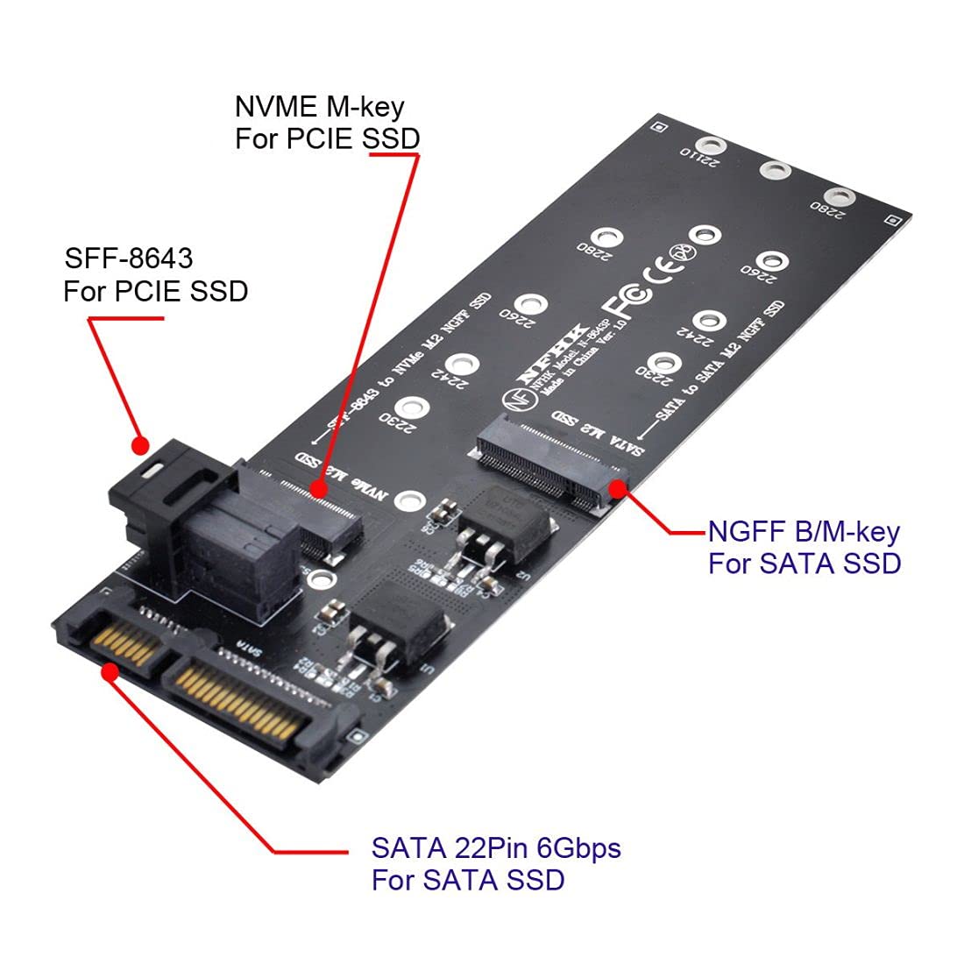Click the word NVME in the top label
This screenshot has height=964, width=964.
click(x=273, y=108)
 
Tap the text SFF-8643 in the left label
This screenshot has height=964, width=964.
click(x=129, y=259)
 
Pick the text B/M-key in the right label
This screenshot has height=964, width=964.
click(x=846, y=531)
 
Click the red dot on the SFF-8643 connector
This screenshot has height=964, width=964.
click(x=138, y=445)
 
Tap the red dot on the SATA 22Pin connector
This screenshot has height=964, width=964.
click(x=110, y=671)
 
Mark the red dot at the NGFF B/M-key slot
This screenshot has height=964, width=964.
click(x=620, y=488)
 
